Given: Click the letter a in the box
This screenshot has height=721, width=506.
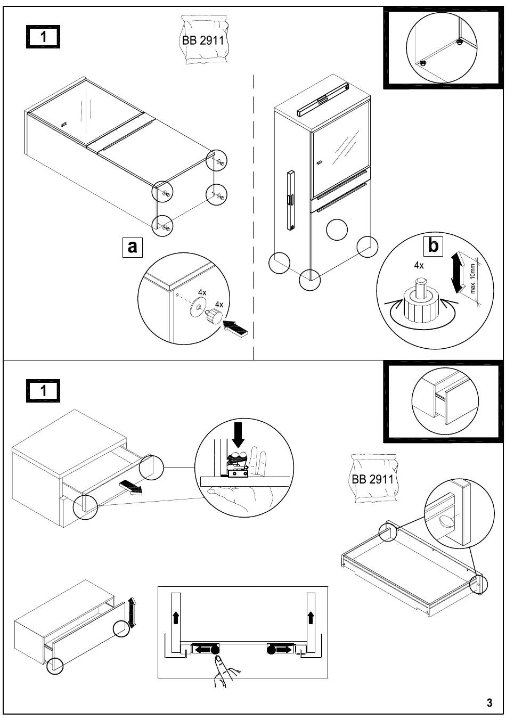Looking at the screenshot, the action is pyautogui.click(x=132, y=247).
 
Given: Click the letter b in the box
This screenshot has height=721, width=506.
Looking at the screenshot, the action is pyautogui.click(x=433, y=246).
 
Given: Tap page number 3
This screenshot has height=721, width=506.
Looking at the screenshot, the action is pyautogui.click(x=489, y=702).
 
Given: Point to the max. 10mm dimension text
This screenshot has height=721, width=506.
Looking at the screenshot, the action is pyautogui.click(x=472, y=278).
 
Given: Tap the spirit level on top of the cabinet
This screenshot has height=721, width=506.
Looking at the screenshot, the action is pyautogui.click(x=323, y=100).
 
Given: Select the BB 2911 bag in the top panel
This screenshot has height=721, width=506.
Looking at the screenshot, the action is pyautogui.click(x=203, y=40).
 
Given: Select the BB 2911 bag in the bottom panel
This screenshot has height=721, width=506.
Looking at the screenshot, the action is pyautogui.click(x=373, y=478).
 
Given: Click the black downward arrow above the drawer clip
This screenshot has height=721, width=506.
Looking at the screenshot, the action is pyautogui.click(x=238, y=435).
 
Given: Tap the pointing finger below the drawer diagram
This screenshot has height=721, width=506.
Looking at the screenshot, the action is pyautogui.click(x=225, y=671).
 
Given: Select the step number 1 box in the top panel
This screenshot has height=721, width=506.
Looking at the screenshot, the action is pyautogui.click(x=43, y=36).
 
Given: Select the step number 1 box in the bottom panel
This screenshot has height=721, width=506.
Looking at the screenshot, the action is pyautogui.click(x=43, y=390).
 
